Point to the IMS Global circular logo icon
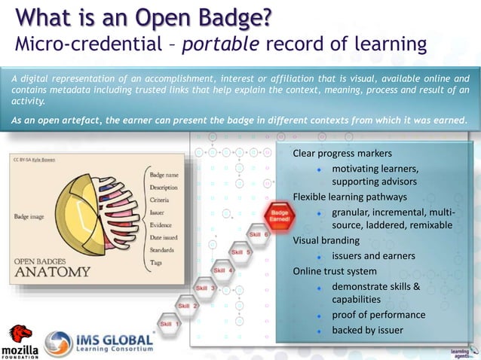[x=59, y=343]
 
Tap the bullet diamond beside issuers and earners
[x=320, y=256]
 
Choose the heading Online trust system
[x=335, y=271]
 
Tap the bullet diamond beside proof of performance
[x=320, y=315]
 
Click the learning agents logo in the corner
[x=461, y=351]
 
